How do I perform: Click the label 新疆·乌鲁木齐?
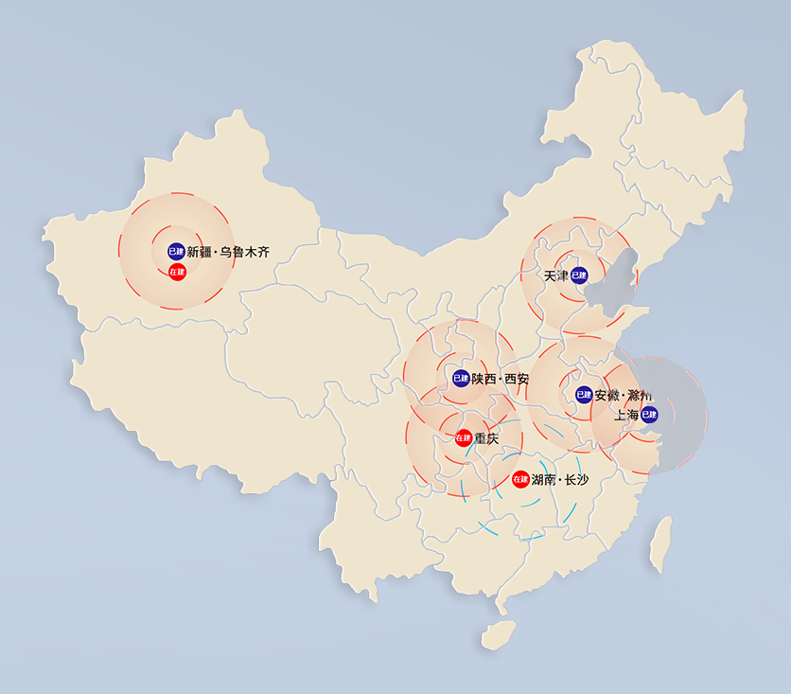[228, 252]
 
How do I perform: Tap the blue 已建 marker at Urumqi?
[176, 251]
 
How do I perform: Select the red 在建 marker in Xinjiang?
[177, 272]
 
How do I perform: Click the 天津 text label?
[556, 276]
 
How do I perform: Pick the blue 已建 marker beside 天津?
[579, 276]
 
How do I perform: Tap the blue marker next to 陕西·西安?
[461, 378]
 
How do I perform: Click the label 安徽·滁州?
[622, 395]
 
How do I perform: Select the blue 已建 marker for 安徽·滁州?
[584, 395]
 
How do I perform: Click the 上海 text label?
[626, 415]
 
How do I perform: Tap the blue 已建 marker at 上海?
[649, 414]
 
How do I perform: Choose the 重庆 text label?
[486, 438]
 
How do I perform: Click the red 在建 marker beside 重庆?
[463, 438]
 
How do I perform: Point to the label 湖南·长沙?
[560, 480]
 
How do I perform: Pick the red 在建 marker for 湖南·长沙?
[519, 479]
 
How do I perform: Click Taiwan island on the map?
[660, 544]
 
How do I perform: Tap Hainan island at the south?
[498, 634]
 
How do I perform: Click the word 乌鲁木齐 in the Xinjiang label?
[244, 252]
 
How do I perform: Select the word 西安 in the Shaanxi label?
[517, 379]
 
